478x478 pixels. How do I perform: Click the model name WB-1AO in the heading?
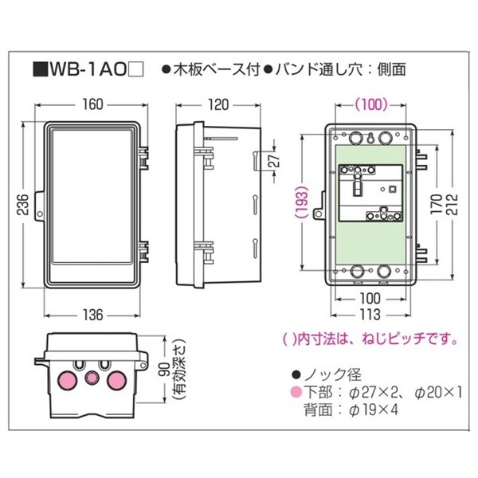(x=88, y=70)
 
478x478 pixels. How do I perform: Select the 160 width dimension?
(x=92, y=104)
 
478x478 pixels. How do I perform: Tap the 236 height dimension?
(x=23, y=204)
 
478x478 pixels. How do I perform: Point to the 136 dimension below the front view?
(x=92, y=315)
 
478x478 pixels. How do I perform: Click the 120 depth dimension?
(x=218, y=104)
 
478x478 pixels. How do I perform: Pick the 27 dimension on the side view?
(x=275, y=160)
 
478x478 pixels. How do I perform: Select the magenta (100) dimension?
(x=370, y=104)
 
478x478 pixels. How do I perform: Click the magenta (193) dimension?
(x=302, y=202)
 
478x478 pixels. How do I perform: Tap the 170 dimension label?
(x=437, y=203)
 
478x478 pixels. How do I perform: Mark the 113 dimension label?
(x=370, y=315)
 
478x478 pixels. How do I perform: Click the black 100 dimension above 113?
(x=370, y=299)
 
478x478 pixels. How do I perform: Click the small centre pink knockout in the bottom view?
(x=92, y=378)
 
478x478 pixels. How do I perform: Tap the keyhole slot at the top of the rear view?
(x=370, y=139)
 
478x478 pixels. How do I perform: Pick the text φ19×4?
(x=374, y=410)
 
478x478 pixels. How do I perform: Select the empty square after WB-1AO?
(x=136, y=70)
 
